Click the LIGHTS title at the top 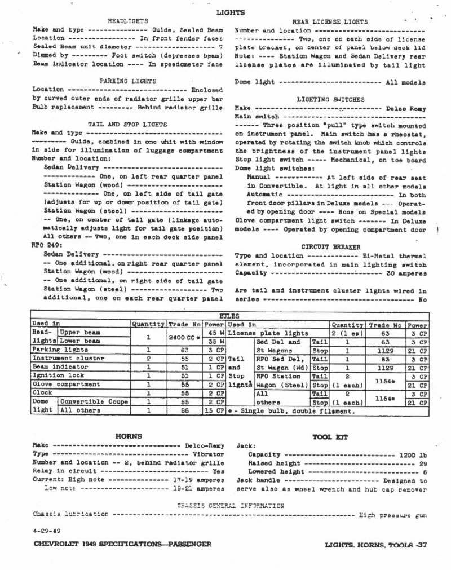(x=226, y=12)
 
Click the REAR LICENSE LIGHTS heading (x=330, y=21)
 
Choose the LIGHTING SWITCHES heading (x=330, y=99)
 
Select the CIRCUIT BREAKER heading (x=330, y=247)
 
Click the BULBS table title (x=229, y=317)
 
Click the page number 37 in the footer (x=421, y=545)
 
